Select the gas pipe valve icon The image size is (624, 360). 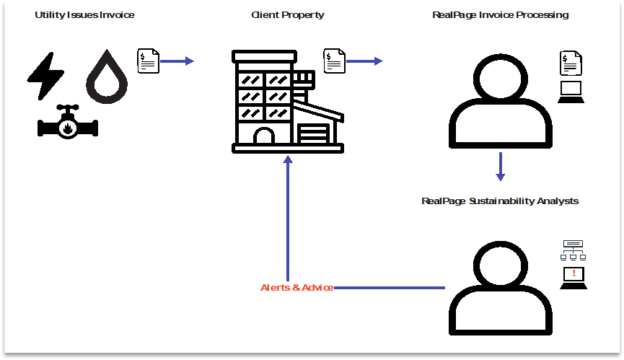tap(68, 123)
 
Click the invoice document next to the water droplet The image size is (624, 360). tap(148, 61)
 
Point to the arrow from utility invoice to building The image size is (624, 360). tap(177, 61)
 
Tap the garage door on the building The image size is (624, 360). tap(313, 133)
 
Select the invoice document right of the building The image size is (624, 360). tap(334, 61)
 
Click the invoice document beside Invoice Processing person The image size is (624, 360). tap(571, 65)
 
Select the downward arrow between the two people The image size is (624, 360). tap(500, 167)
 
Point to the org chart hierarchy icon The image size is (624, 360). tap(574, 250)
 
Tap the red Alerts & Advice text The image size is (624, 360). tap(296, 288)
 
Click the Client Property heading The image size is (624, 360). tap(287, 15)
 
